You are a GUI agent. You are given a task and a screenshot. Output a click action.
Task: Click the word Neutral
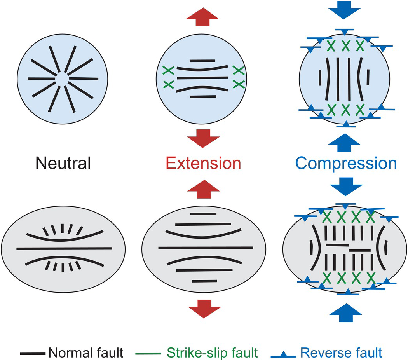[63, 163]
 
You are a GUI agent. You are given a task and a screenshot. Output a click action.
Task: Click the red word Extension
[203, 163]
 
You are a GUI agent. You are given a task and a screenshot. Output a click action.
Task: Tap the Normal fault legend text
[86, 352]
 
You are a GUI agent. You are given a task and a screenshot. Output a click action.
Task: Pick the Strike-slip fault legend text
[213, 352]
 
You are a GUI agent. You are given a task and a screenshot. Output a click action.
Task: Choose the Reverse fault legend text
[341, 352]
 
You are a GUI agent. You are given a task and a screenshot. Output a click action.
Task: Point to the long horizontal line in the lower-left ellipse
[64, 248]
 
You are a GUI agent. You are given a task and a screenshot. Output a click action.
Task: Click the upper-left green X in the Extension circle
[168, 71]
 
